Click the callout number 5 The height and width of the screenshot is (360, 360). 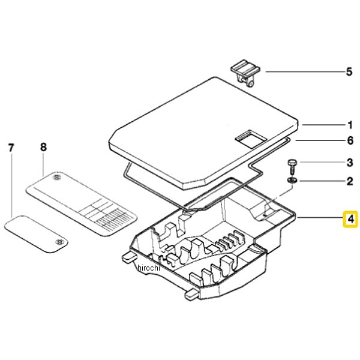(x=349, y=73)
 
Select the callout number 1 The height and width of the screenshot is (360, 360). (x=349, y=125)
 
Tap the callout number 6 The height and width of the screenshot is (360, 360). (x=349, y=141)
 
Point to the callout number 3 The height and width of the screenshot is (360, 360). (x=349, y=162)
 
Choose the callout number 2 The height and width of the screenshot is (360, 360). (x=349, y=180)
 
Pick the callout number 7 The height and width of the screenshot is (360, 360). (x=10, y=147)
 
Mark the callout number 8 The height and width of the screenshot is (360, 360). (x=43, y=147)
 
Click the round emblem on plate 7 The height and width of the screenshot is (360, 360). (x=58, y=241)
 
